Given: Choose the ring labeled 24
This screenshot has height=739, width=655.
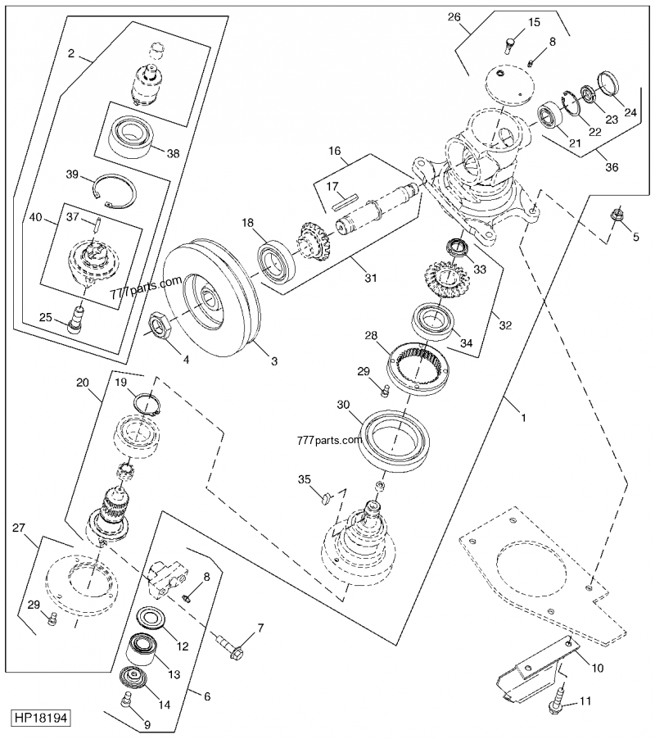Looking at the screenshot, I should (609, 83).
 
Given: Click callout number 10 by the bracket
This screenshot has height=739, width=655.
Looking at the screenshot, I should (598, 668).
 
